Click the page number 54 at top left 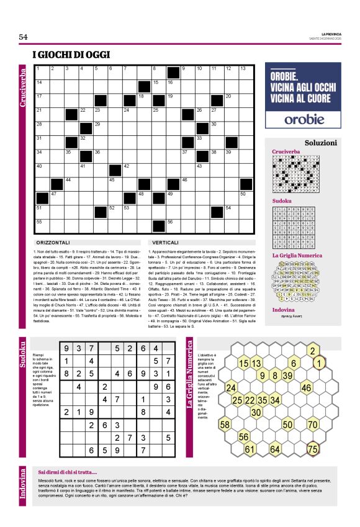24,37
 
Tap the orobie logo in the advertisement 295,118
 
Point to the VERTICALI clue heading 164,242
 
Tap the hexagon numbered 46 306,388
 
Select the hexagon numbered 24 231,388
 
